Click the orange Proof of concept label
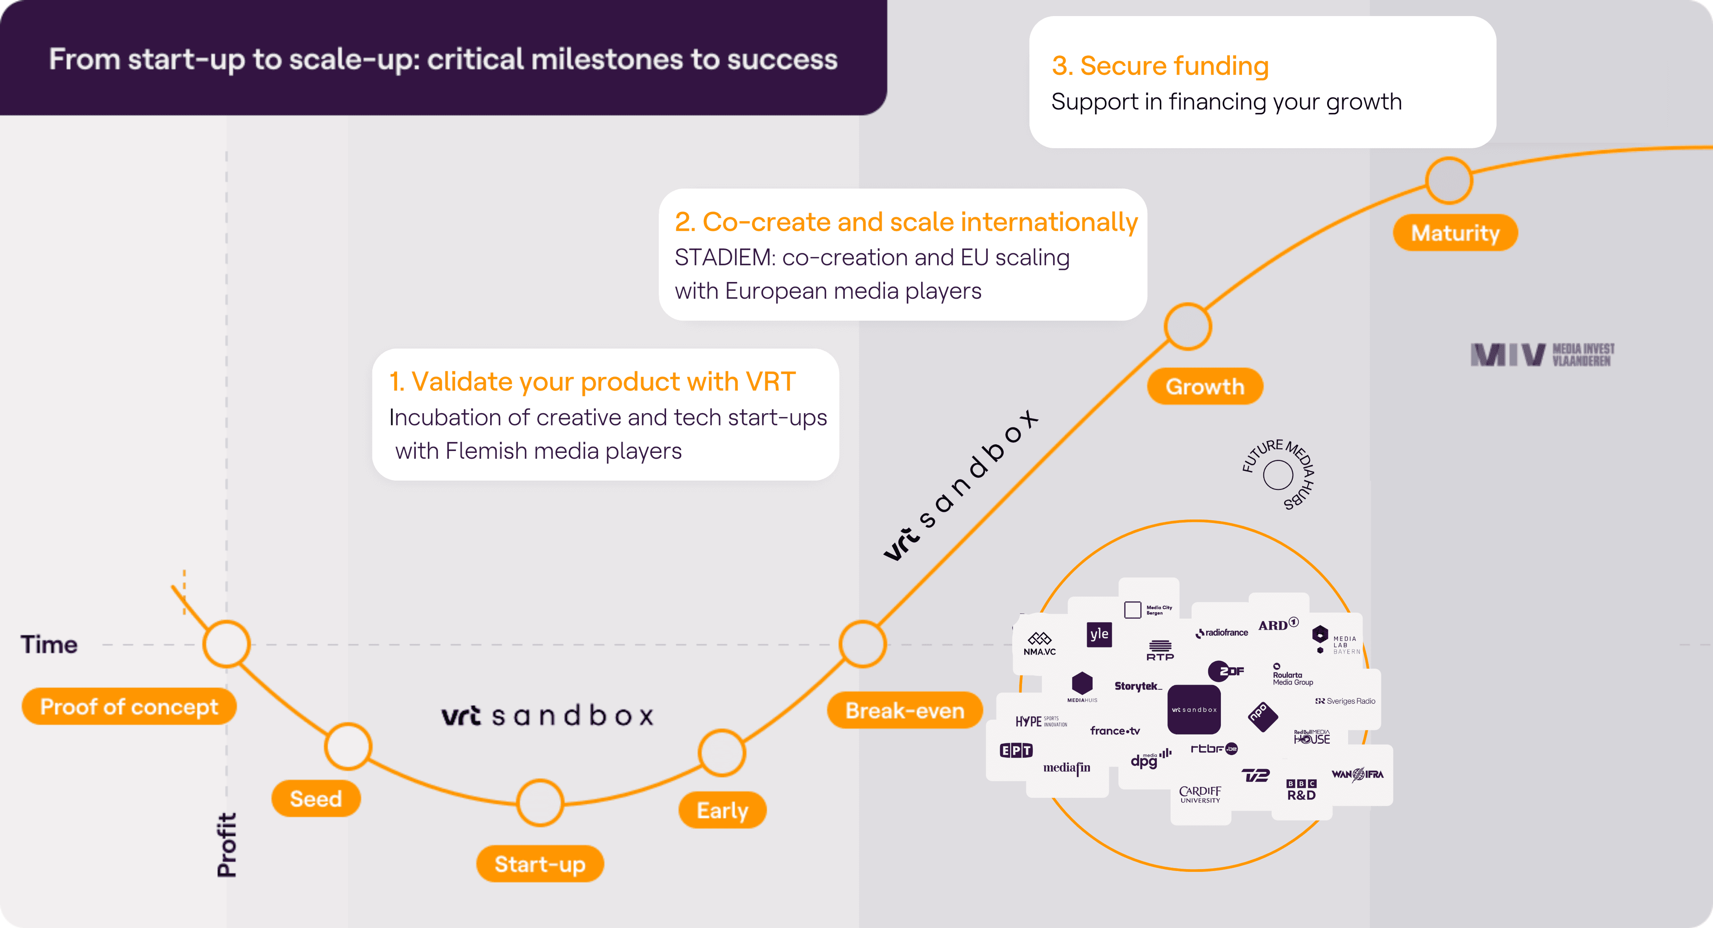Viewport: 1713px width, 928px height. [129, 706]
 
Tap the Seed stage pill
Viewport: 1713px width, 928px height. [316, 798]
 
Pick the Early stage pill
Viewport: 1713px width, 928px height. [722, 810]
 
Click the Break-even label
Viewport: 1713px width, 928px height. [904, 710]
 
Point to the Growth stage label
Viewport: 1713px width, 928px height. [1204, 386]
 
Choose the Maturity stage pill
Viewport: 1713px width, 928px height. [1455, 233]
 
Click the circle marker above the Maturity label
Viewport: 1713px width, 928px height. [1449, 180]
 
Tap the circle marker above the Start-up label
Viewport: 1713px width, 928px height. [540, 802]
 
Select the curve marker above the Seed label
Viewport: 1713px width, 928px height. [348, 746]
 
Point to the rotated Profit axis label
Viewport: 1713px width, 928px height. [227, 845]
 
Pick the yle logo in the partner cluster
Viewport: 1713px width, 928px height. [1099, 634]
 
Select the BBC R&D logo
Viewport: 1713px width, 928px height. [1301, 790]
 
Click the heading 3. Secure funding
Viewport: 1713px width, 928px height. [1160, 66]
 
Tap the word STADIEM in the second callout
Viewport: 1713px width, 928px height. [724, 257]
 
